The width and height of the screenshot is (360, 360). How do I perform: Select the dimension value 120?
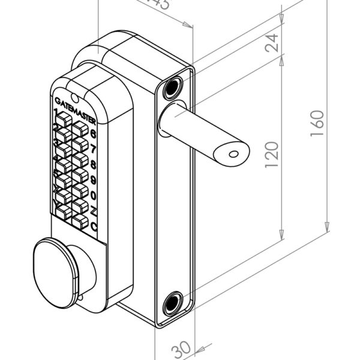pyautogui.click(x=273, y=155)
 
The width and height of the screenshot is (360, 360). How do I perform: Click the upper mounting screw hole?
pyautogui.click(x=173, y=88)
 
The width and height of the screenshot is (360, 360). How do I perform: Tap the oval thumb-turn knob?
pyautogui.click(x=53, y=263)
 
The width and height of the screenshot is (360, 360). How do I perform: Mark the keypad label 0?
pyautogui.click(x=94, y=195)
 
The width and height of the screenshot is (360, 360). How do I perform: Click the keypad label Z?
pyautogui.click(x=94, y=211)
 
